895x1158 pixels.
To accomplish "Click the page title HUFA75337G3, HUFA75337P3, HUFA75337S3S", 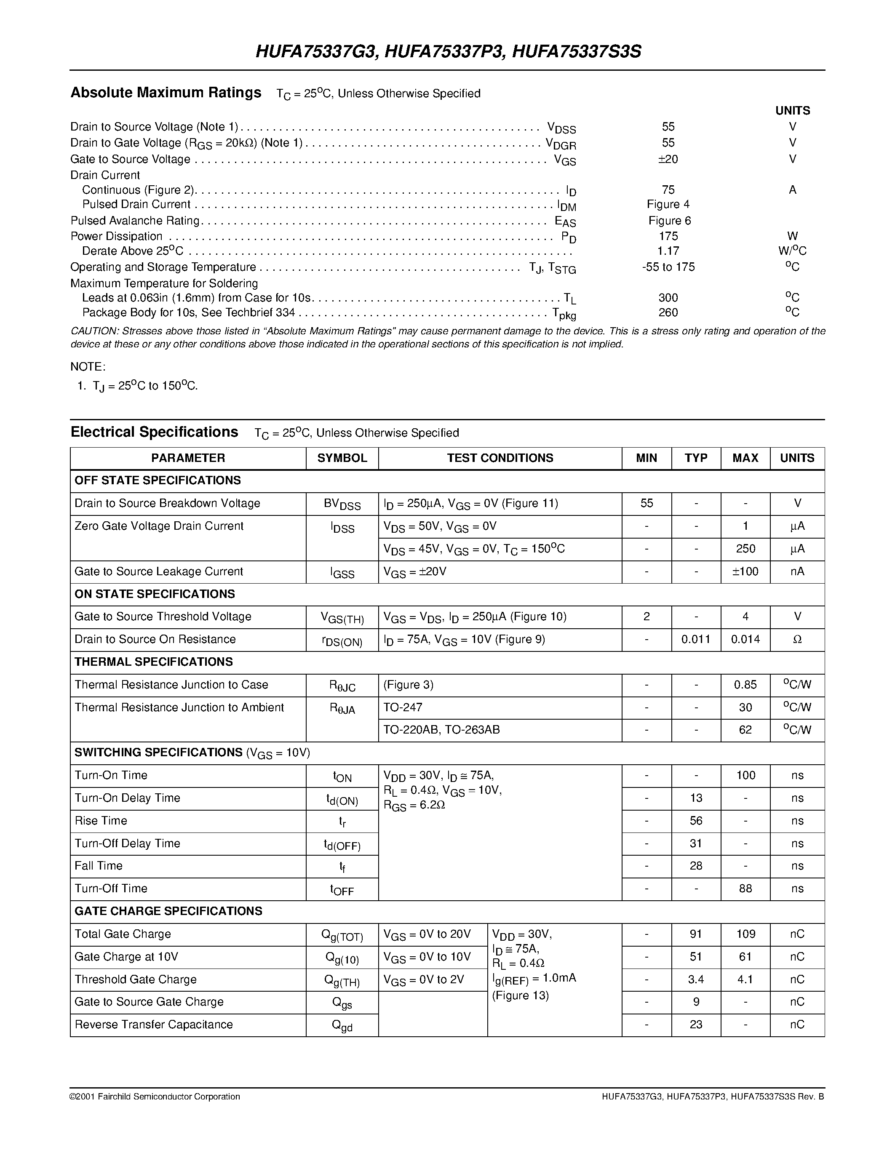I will pyautogui.click(x=448, y=51).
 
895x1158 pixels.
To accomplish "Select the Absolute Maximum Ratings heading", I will pyautogui.click(x=166, y=93).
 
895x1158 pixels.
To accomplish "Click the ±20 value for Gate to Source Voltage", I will pyautogui.click(x=668, y=159).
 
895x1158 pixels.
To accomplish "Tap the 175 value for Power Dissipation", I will pyautogui.click(x=668, y=236).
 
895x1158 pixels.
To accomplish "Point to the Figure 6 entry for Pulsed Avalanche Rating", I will pyautogui.click(x=669, y=221).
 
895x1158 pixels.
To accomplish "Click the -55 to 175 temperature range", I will pyautogui.click(x=668, y=267).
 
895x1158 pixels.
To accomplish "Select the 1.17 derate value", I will pyautogui.click(x=668, y=251).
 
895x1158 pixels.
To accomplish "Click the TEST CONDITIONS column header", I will pyautogui.click(x=500, y=458).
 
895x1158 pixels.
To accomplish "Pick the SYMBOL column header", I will pyautogui.click(x=342, y=458).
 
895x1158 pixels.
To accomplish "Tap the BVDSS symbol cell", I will pyautogui.click(x=342, y=504).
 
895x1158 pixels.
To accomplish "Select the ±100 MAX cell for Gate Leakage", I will pyautogui.click(x=745, y=571).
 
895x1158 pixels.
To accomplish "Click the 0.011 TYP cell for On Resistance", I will pyautogui.click(x=696, y=640).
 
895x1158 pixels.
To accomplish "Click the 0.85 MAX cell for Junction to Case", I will pyautogui.click(x=745, y=685).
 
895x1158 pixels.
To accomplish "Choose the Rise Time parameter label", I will pyautogui.click(x=101, y=821).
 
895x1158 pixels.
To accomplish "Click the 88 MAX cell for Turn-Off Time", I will pyautogui.click(x=745, y=889).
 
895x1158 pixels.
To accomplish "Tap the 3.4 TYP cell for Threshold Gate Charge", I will pyautogui.click(x=696, y=979).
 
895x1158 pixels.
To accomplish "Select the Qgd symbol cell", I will pyautogui.click(x=342, y=1025).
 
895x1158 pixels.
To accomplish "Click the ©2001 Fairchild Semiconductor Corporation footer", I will pyautogui.click(x=155, y=1097).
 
